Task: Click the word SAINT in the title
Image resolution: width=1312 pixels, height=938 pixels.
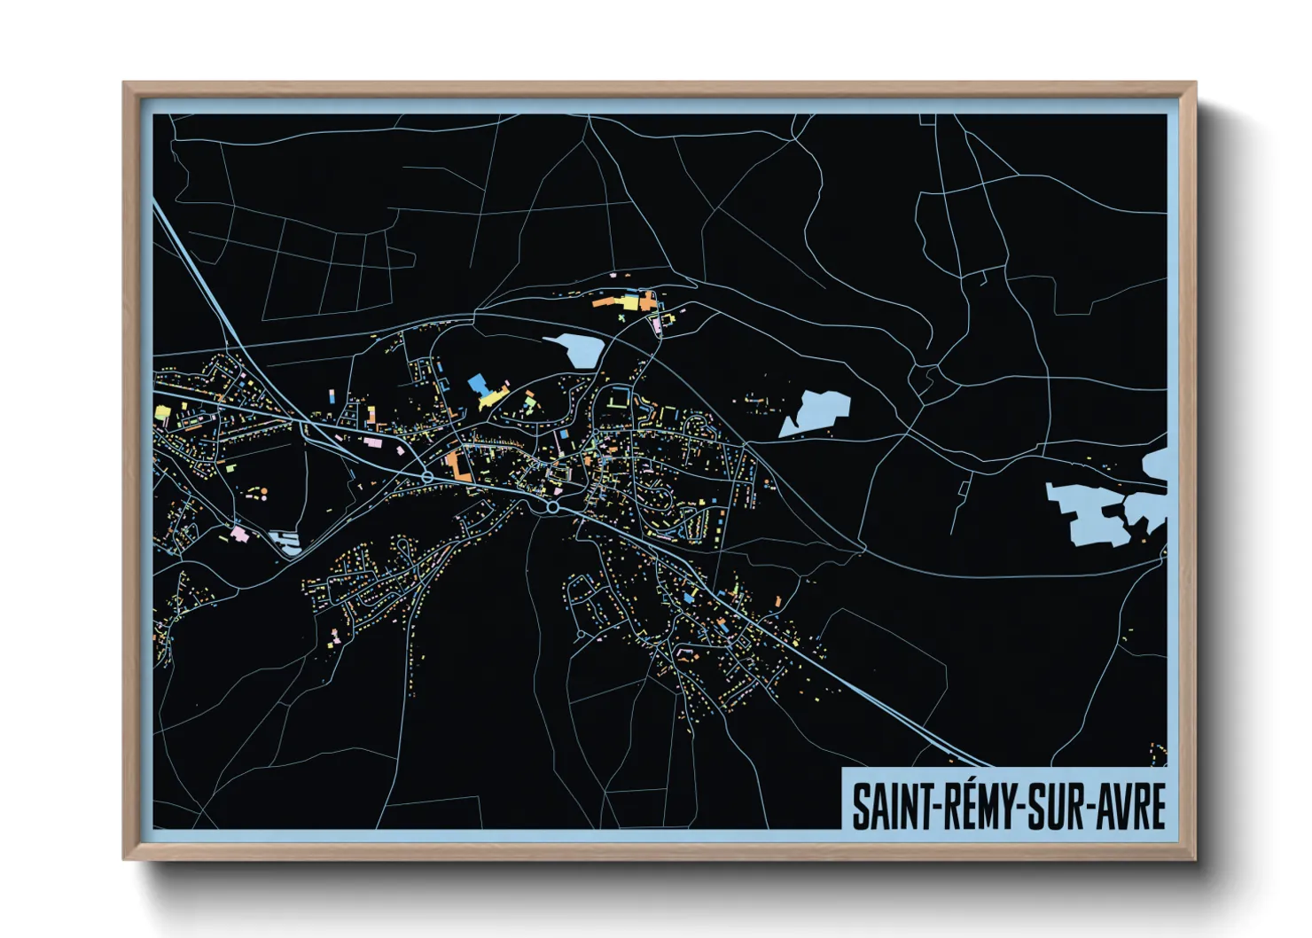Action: pyautogui.click(x=889, y=807)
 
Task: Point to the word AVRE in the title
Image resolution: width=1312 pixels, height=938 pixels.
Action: pyautogui.click(x=1130, y=807)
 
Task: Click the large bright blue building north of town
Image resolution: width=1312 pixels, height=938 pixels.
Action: pyautogui.click(x=478, y=384)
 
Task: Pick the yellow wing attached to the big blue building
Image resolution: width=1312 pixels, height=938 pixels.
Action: pyautogui.click(x=490, y=397)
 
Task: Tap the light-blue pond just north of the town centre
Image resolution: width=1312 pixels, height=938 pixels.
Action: pyautogui.click(x=577, y=349)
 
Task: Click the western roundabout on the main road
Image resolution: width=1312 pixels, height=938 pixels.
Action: pyautogui.click(x=427, y=478)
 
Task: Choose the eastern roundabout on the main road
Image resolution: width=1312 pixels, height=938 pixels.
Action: pyautogui.click(x=552, y=507)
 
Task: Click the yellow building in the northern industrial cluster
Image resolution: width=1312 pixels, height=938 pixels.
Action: pyautogui.click(x=629, y=302)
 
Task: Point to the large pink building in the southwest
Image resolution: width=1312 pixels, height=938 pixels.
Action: pyautogui.click(x=238, y=534)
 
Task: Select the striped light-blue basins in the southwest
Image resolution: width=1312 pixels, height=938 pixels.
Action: pyautogui.click(x=285, y=540)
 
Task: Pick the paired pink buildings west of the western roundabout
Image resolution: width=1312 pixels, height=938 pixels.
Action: pyautogui.click(x=371, y=441)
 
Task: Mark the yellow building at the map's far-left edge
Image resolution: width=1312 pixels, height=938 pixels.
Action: pyautogui.click(x=162, y=411)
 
